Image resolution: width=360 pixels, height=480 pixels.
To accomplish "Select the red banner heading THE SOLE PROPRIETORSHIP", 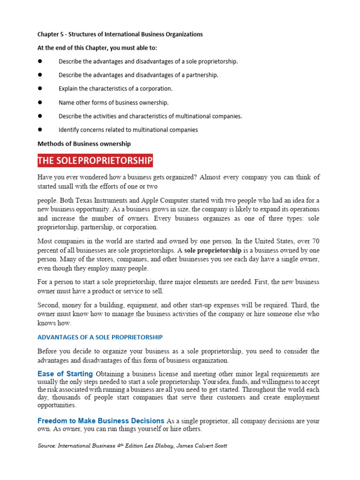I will [x=95, y=161].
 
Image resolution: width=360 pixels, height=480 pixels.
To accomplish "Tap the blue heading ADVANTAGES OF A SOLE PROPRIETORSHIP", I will [x=100, y=337].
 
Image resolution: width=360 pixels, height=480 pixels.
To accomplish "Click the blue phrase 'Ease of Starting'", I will [x=65, y=374].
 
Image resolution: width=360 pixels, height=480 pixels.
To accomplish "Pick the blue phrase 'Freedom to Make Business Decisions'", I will [x=101, y=421].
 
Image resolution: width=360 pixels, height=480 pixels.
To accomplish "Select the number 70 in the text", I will [x=315, y=241].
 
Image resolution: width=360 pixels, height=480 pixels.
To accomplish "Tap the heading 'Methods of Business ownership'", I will [x=84, y=143].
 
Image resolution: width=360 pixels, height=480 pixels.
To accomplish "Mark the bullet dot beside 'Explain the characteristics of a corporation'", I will [x=40, y=88].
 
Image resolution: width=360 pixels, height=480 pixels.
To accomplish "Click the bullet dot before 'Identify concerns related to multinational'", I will [x=40, y=129].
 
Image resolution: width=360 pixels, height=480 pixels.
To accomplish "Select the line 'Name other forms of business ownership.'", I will [x=113, y=102].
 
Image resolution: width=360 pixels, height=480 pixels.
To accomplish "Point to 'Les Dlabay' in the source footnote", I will [x=159, y=446].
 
